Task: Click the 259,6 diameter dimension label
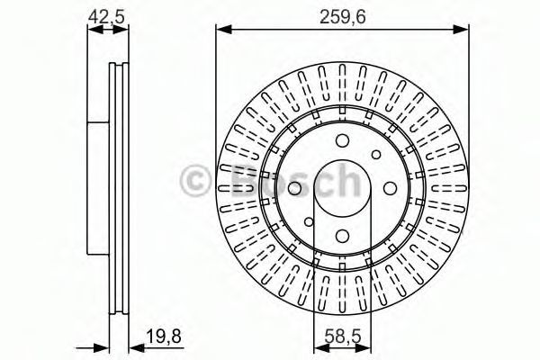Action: (x=342, y=16)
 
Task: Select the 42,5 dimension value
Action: (x=105, y=16)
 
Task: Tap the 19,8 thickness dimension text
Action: (x=164, y=337)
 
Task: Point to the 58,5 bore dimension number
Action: (x=344, y=337)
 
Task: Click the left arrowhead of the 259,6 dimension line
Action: (x=223, y=30)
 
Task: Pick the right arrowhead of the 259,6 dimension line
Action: (x=461, y=30)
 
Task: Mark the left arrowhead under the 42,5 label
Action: (x=95, y=30)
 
